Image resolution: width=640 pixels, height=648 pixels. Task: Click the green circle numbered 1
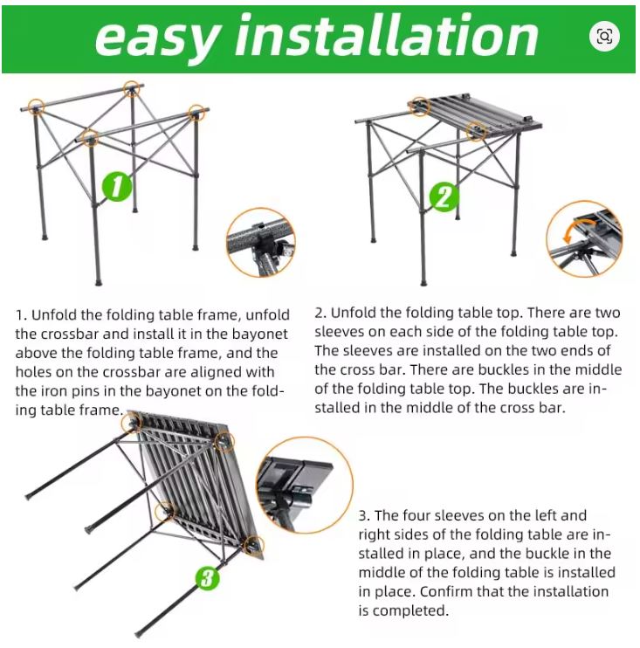(x=117, y=187)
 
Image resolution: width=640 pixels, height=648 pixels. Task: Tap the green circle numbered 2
(x=444, y=196)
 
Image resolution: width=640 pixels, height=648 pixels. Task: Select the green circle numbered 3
(x=208, y=577)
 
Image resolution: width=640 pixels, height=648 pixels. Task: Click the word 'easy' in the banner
(x=157, y=37)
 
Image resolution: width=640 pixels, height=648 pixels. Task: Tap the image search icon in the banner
(x=604, y=37)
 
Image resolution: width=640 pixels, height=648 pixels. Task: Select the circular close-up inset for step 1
(x=261, y=242)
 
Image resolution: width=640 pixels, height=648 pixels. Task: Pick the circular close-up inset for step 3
(x=305, y=485)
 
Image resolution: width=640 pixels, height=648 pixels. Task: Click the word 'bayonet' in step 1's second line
(x=259, y=334)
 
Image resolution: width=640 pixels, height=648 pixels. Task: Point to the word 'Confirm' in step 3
(x=445, y=591)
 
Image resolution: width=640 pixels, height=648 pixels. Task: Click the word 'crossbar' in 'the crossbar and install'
(x=72, y=334)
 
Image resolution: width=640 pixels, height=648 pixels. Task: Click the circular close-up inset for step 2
(x=584, y=239)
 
